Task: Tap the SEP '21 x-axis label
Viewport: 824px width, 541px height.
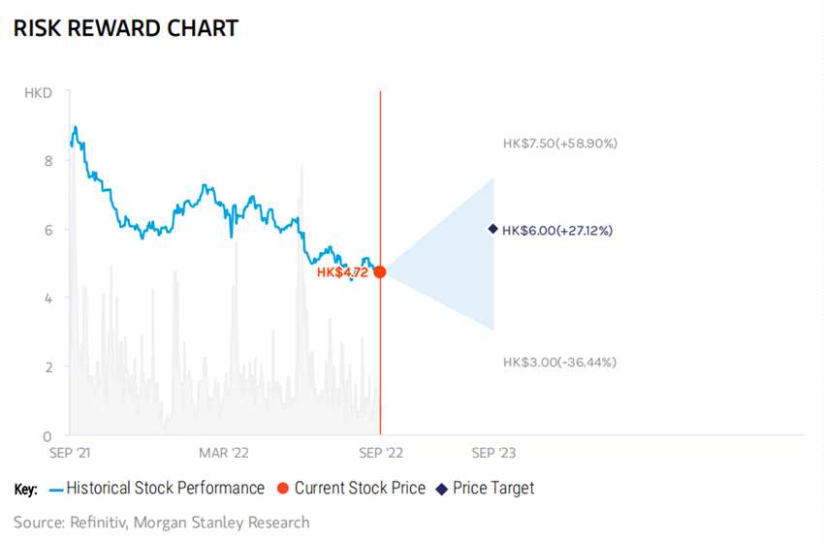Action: [x=70, y=453]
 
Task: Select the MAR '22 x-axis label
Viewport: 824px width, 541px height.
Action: [x=224, y=453]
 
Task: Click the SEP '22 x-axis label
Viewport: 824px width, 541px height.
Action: [x=380, y=453]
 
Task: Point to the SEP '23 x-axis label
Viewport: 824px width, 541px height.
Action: [x=492, y=453]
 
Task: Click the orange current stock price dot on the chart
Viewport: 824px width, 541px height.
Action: [x=380, y=272]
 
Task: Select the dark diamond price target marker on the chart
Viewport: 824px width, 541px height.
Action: [x=492, y=229]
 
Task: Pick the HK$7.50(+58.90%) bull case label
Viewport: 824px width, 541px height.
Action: [x=559, y=143]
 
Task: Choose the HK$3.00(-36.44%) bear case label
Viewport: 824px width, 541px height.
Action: [x=559, y=362]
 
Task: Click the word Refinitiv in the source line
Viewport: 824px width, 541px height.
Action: [x=102, y=523]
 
